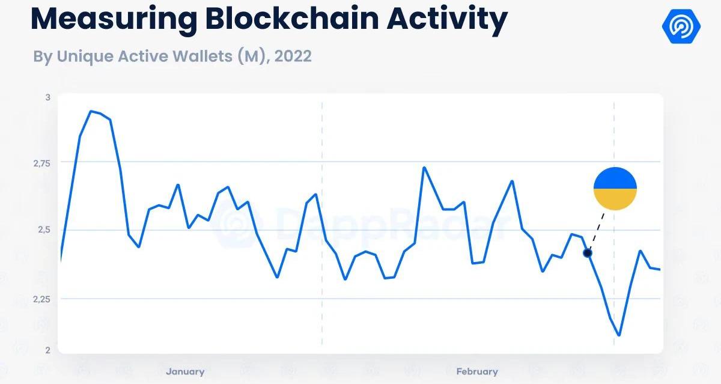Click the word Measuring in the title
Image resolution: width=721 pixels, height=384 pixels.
click(113, 20)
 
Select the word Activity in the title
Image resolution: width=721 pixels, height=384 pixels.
click(446, 20)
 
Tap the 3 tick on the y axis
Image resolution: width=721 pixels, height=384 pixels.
click(48, 97)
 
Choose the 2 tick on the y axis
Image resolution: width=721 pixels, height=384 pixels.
click(48, 350)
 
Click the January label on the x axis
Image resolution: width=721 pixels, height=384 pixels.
click(185, 371)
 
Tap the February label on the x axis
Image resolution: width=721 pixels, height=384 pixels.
click(477, 371)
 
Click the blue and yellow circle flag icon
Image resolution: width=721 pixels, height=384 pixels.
click(615, 189)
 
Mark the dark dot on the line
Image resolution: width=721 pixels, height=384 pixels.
click(588, 253)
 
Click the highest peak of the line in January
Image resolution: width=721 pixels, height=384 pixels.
click(91, 111)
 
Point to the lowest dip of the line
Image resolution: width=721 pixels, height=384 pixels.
click(619, 335)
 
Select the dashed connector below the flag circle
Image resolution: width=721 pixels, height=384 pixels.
click(596, 231)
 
